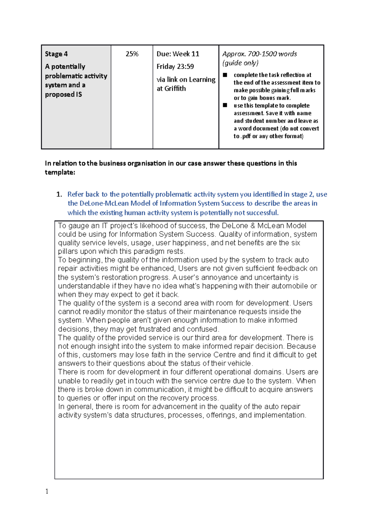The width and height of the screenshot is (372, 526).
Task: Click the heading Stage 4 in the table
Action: [x=56, y=54]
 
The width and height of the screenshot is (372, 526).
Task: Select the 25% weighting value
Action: [x=132, y=54]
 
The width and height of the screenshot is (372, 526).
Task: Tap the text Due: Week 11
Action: [x=178, y=54]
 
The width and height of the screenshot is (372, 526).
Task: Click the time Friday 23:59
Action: [x=175, y=67]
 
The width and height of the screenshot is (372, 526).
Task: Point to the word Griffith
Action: [x=175, y=89]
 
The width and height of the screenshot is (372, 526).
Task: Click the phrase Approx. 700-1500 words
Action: [x=259, y=54]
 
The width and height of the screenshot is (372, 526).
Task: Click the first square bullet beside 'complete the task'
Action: [x=225, y=75]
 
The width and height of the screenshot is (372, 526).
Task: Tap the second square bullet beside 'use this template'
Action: [x=225, y=105]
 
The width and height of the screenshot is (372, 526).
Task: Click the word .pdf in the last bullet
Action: [x=246, y=136]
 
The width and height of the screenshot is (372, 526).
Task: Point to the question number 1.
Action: [x=59, y=195]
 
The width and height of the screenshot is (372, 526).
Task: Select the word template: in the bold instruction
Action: [x=60, y=173]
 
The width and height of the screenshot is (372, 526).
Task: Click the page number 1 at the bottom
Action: [x=47, y=491]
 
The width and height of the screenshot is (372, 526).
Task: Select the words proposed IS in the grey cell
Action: [x=63, y=94]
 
